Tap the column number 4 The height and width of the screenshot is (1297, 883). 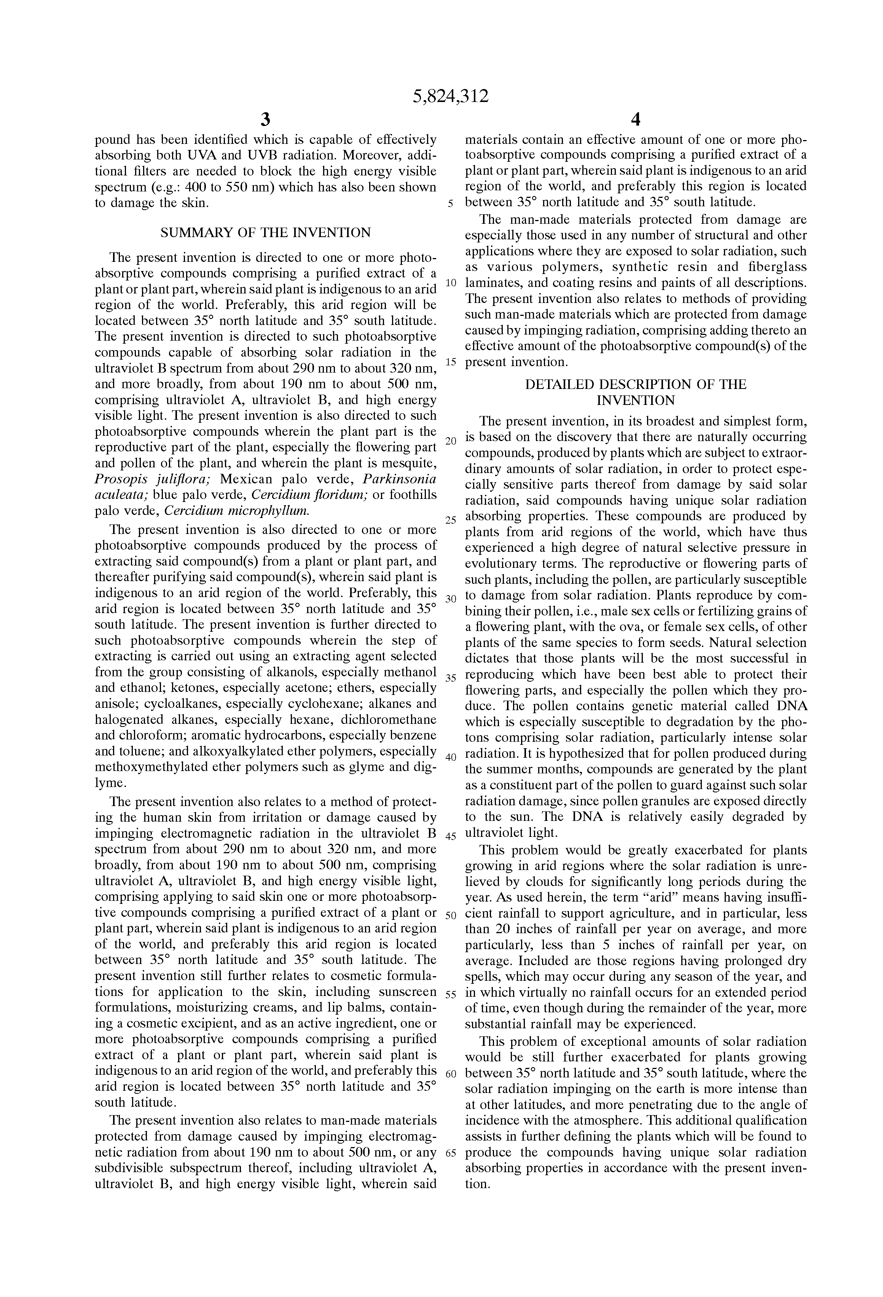(x=635, y=120)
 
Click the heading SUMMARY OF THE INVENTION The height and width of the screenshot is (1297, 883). (x=265, y=233)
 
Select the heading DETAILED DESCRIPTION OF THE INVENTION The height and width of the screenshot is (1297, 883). (x=636, y=392)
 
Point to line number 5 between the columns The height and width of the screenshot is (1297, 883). (x=450, y=204)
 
